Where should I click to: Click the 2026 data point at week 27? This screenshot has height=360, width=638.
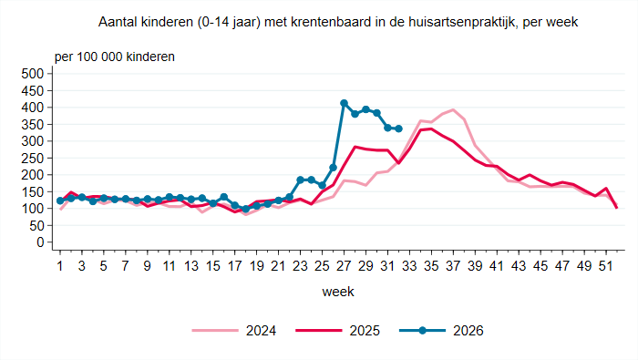(344, 103)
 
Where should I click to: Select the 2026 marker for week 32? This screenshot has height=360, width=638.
(399, 129)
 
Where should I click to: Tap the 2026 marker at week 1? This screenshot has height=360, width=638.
(60, 201)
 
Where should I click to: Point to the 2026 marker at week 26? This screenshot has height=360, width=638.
(333, 168)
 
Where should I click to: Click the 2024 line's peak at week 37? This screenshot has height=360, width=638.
(453, 109)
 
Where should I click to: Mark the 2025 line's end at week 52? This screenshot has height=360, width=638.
(617, 208)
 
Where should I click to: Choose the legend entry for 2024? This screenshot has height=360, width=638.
(234, 331)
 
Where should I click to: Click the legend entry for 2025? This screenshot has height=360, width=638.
(338, 331)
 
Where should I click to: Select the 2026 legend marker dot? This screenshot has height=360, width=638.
(422, 331)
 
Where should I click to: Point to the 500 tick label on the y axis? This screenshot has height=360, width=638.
(33, 74)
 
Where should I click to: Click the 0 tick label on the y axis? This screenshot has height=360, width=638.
(40, 242)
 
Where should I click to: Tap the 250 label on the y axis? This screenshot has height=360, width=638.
(33, 159)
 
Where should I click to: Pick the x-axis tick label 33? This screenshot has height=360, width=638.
(409, 266)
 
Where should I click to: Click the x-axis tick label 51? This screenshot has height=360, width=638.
(606, 266)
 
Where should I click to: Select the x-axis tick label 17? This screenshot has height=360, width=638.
(235, 266)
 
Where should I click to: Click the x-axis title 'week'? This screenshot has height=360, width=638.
(338, 292)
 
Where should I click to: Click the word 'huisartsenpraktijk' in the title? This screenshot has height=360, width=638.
(460, 22)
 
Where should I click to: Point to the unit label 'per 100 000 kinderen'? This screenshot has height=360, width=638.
(115, 57)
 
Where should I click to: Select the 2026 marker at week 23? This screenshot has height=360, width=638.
(300, 180)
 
